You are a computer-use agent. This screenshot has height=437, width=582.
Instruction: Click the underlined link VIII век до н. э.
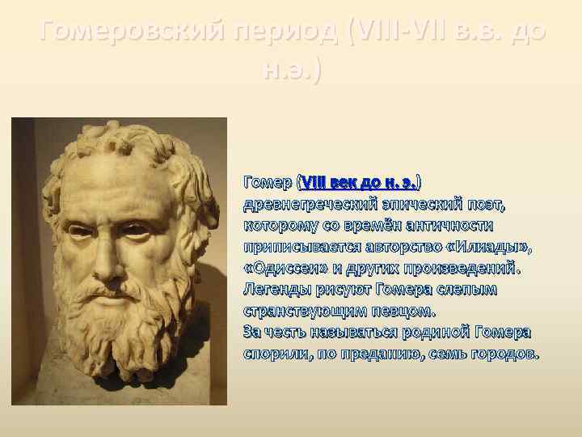(x=358, y=179)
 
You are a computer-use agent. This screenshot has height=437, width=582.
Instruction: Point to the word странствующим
(x=302, y=310)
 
